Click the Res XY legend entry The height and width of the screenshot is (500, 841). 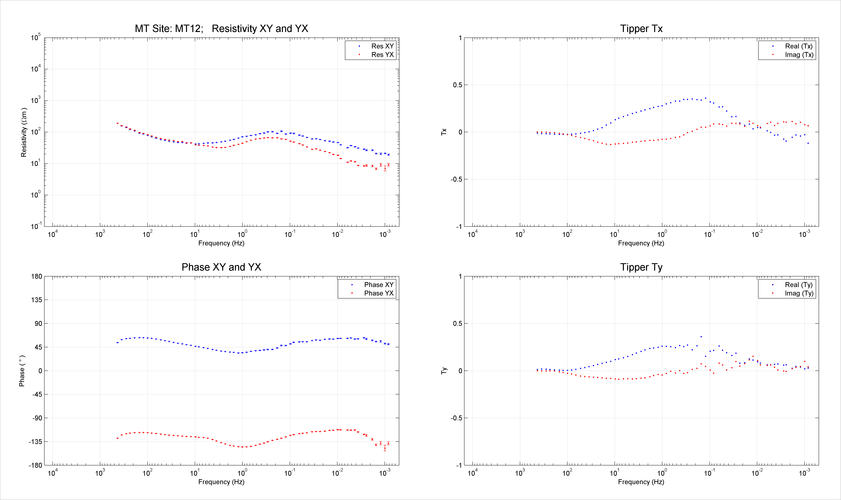click(x=382, y=46)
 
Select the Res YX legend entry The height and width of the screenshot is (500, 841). click(x=382, y=55)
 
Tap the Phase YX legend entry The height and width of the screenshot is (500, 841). click(x=379, y=293)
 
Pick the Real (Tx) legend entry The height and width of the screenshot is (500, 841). click(x=799, y=46)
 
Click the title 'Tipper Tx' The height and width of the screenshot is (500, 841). click(x=641, y=29)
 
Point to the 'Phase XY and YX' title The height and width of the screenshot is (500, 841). click(x=221, y=267)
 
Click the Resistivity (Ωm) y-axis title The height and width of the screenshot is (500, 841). click(x=24, y=132)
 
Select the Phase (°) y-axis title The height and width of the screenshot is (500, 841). click(x=22, y=371)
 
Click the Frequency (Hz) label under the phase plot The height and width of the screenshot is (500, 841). click(x=221, y=482)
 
